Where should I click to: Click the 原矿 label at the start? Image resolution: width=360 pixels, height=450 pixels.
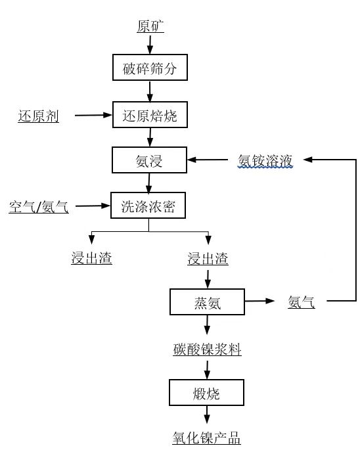(150, 26)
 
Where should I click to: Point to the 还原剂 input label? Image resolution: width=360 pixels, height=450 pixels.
(39, 116)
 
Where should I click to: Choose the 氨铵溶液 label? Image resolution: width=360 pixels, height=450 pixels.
(265, 161)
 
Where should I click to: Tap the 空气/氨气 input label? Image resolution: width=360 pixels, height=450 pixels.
(39, 207)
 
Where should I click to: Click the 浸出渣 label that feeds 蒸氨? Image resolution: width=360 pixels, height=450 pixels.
(208, 258)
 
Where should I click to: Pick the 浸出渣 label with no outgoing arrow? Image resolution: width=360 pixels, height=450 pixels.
(91, 258)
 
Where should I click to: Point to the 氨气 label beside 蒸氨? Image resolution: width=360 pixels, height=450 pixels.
(302, 302)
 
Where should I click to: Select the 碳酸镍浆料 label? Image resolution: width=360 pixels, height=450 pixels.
(207, 349)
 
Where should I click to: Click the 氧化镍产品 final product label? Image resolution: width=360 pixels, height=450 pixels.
(206, 438)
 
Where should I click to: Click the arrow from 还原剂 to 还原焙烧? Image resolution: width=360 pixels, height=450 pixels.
(93, 115)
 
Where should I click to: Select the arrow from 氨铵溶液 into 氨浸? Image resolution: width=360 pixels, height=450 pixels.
(208, 160)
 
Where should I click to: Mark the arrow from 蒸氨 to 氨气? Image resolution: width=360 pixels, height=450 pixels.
(259, 301)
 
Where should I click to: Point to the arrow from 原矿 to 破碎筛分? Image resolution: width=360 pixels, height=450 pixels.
(150, 45)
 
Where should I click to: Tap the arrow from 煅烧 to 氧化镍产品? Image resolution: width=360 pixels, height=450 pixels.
(207, 415)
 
